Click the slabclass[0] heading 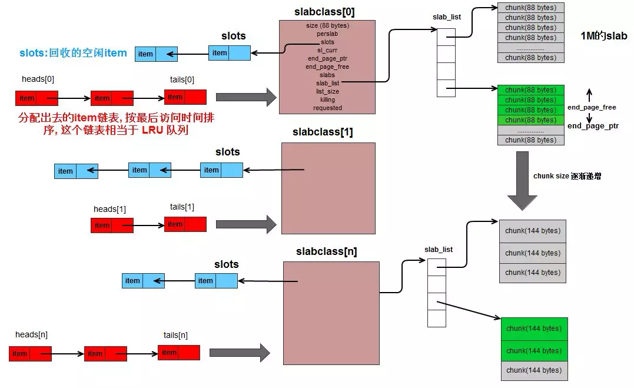324,12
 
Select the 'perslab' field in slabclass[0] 327,34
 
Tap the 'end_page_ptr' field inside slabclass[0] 327,59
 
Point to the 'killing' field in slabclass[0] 327,100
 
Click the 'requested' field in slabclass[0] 327,108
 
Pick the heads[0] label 38,79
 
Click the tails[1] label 182,207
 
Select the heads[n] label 31,335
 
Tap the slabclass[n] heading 326,251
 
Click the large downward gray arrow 522,181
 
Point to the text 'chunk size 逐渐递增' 567,176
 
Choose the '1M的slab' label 603,36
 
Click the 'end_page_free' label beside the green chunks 592,107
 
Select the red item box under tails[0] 185,97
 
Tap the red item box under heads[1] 112,225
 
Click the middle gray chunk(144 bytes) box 533,253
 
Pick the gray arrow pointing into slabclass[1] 246,224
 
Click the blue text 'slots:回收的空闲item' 73,53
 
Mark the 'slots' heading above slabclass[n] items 227,264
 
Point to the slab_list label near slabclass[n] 439,250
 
